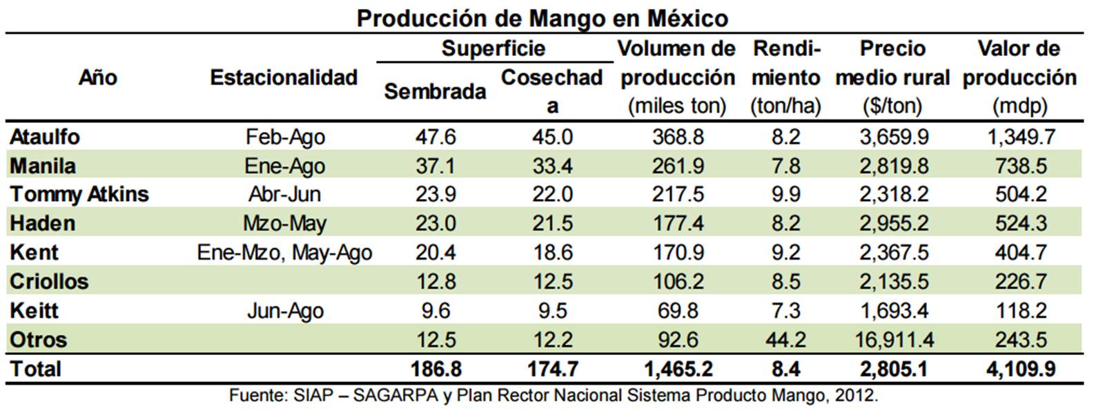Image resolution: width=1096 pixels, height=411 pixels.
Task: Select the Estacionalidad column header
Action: [x=284, y=77]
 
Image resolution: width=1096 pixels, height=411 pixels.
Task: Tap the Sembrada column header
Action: [x=435, y=91]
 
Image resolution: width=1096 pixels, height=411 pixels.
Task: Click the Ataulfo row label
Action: [x=45, y=137]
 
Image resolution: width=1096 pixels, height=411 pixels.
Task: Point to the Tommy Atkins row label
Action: [x=79, y=194]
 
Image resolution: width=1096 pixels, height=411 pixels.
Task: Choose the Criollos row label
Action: [x=49, y=281]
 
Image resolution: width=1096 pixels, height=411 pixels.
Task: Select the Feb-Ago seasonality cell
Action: [x=285, y=137]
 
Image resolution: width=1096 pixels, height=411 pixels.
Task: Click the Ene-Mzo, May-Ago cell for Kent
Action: [x=284, y=252]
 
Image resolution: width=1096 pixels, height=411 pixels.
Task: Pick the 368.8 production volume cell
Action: [x=678, y=137]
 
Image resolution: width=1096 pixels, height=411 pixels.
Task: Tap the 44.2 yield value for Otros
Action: [x=785, y=339]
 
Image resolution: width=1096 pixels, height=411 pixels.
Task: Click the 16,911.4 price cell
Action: [x=894, y=339]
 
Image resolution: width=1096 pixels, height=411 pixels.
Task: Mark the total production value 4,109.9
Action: [x=1020, y=369]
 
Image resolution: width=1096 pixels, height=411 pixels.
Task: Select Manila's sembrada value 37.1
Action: [x=436, y=166]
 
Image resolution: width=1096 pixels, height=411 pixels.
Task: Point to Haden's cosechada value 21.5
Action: [x=552, y=223]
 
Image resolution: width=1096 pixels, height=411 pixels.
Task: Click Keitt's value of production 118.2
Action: [x=1020, y=310]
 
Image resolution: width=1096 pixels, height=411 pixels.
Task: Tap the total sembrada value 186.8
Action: [x=436, y=369]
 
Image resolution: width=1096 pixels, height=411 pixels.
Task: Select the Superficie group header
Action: [x=493, y=48]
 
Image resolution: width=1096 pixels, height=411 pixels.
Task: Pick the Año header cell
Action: [x=97, y=77]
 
